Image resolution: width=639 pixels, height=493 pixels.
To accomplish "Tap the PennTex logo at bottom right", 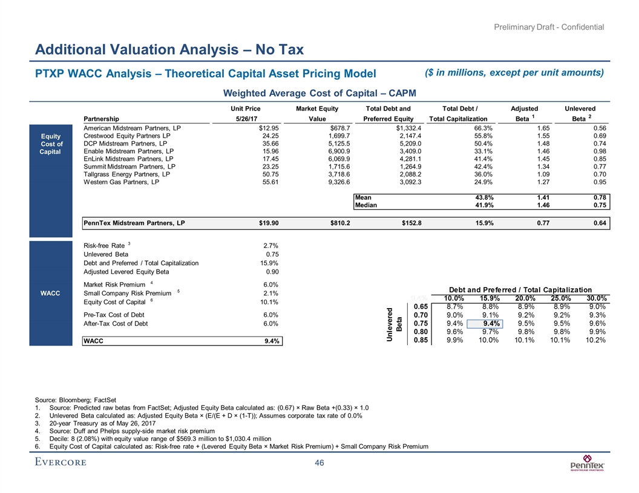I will click(588, 464).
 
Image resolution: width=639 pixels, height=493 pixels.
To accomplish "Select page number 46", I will click(319, 463).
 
